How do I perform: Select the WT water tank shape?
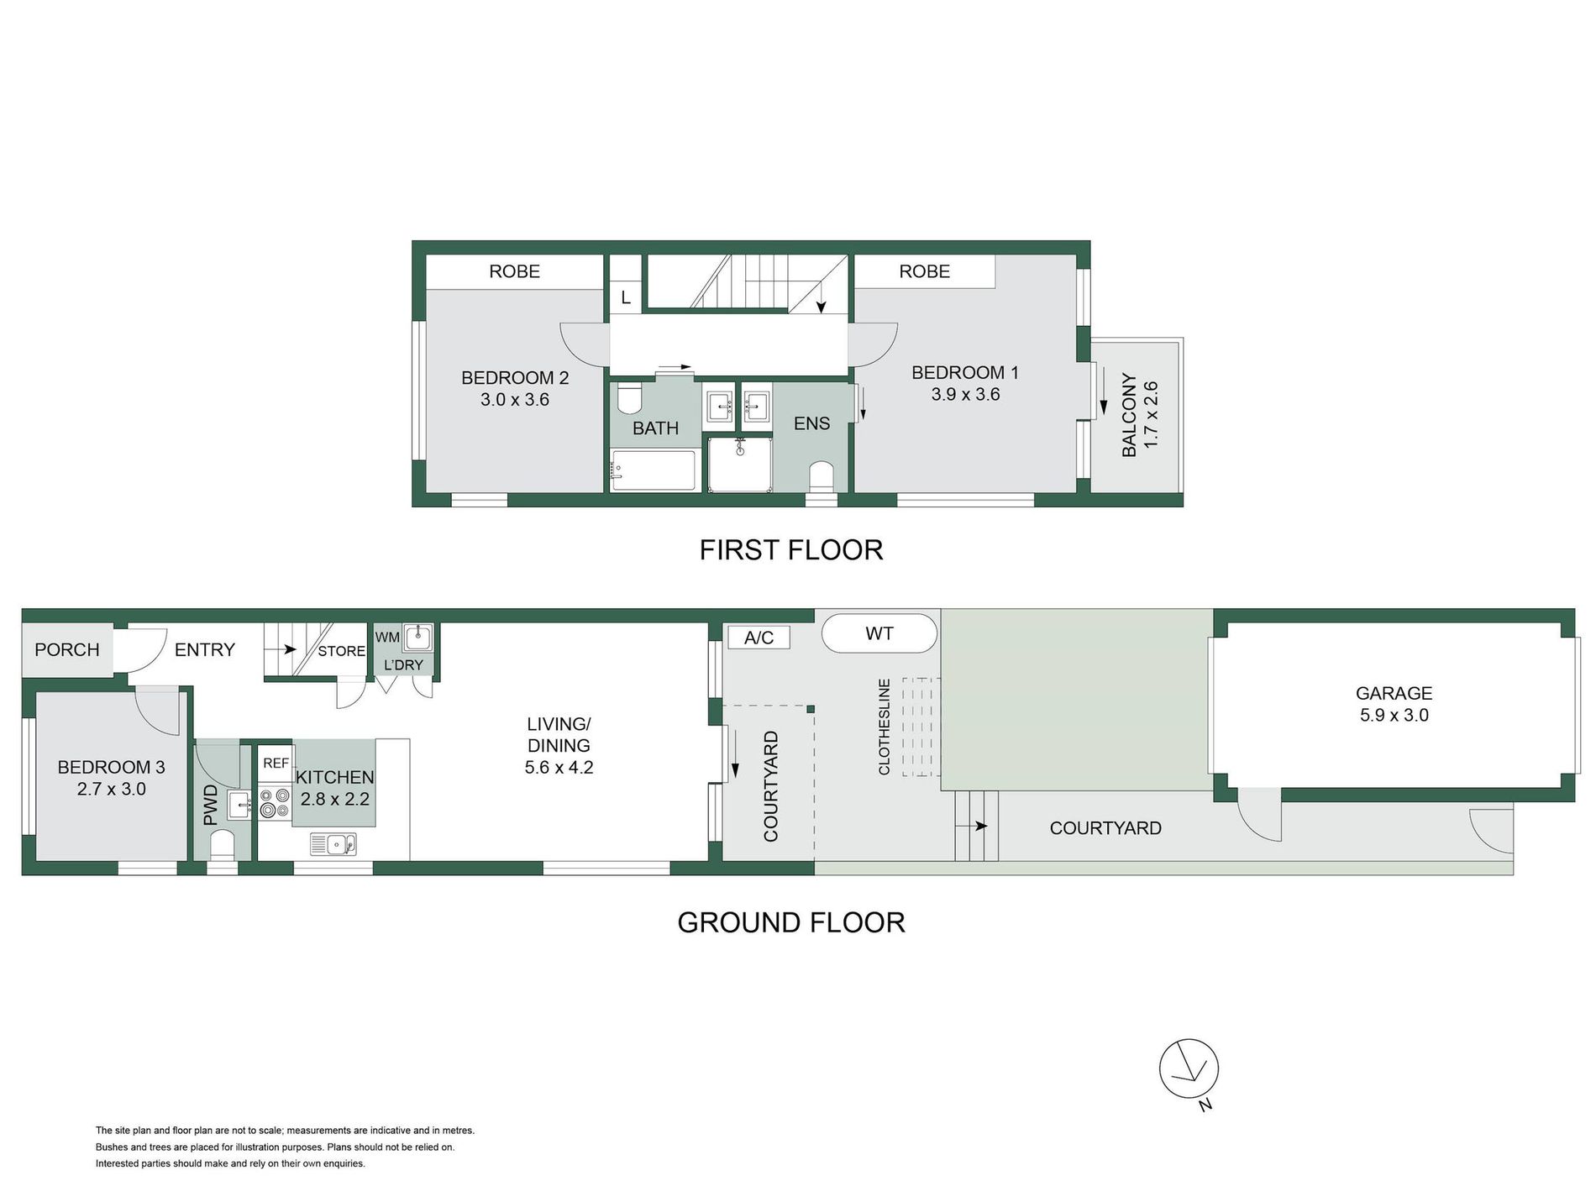(x=879, y=633)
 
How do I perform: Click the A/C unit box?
(x=759, y=638)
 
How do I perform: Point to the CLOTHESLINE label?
(x=884, y=727)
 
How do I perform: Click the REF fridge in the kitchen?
(x=276, y=763)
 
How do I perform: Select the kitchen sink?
(x=333, y=843)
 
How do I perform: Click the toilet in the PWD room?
(x=222, y=843)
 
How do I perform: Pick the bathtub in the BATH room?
(x=654, y=471)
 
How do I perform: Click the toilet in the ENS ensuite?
(x=821, y=476)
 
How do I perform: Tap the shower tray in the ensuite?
(x=740, y=464)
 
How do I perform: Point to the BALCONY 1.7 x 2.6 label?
(x=1140, y=415)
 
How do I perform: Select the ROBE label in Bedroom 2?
(x=515, y=271)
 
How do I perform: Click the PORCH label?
(x=67, y=649)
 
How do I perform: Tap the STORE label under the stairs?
(x=341, y=651)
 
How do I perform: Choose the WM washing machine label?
(x=387, y=638)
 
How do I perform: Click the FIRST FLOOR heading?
(x=791, y=550)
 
